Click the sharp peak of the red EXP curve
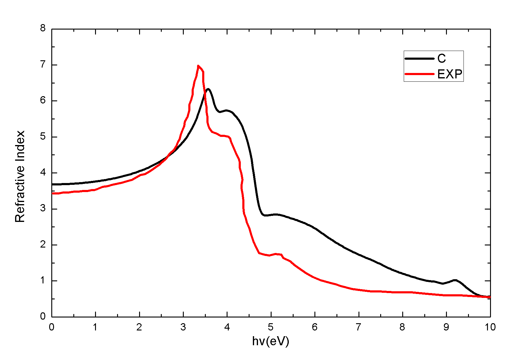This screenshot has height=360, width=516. pos(198,66)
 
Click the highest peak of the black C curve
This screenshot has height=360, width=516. pos(208,89)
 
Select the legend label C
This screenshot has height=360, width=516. pos(441,58)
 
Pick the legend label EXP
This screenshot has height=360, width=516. pos(450,74)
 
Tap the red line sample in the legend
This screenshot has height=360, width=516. pos(419,74)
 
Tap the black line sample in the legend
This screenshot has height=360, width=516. pos(419,58)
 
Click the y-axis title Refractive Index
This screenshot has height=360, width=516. pos(20,177)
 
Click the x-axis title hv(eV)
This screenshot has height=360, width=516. pos(270,341)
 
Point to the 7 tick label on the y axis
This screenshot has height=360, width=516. pos(43,64)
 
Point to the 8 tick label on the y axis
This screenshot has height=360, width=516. pos(43,28)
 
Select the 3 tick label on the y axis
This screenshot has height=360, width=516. pos(43,208)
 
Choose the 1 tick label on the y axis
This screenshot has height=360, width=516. pos(43,280)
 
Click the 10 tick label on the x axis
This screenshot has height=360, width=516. pos(490,327)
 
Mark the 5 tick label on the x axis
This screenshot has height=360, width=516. pos(271,327)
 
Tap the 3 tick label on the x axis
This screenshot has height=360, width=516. pos(183,327)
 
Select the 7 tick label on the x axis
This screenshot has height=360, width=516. pos(358,327)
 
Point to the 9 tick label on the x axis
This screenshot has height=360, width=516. pos(446,327)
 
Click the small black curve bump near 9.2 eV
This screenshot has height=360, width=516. pos(455,280)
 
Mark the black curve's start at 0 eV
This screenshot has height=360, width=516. pos(53,184)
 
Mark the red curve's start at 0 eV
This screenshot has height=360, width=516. pos(53,193)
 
